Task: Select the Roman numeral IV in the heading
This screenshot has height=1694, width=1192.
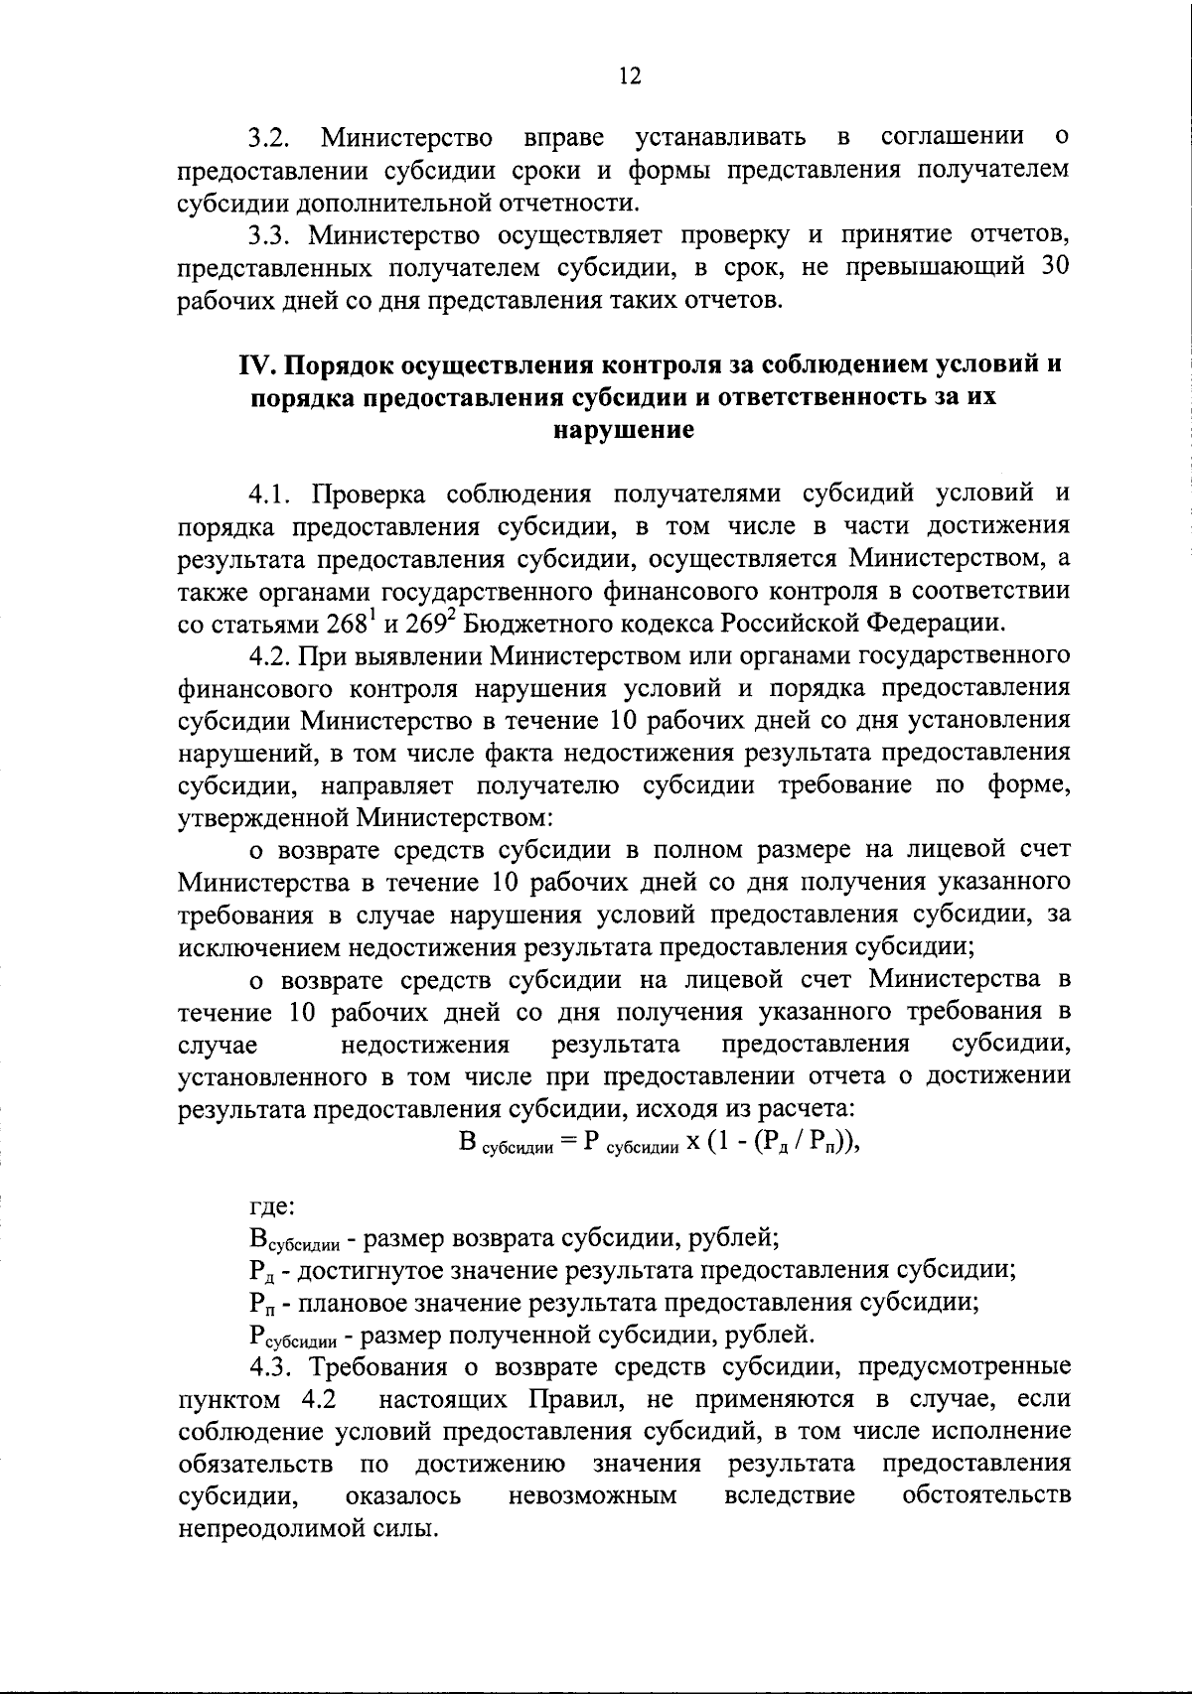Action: coord(255,364)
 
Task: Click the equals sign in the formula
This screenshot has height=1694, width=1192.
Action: coord(569,1142)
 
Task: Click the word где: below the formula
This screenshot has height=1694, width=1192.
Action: coord(269,1207)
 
